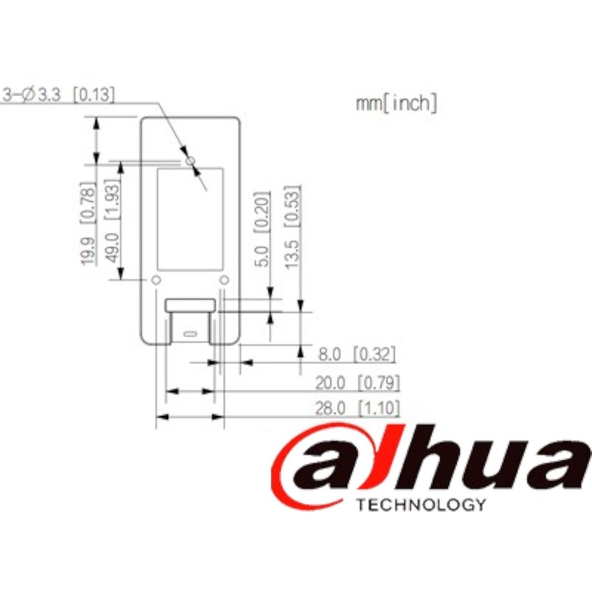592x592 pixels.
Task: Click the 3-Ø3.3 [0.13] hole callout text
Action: (58, 94)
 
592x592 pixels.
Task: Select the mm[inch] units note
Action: (396, 104)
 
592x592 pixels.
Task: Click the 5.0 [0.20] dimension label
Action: (263, 229)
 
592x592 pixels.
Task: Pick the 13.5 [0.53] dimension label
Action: (293, 226)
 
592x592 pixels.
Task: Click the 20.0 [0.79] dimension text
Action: (357, 382)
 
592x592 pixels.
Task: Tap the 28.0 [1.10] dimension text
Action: (357, 408)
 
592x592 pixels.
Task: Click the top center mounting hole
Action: (190, 160)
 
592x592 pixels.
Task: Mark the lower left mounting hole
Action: (156, 280)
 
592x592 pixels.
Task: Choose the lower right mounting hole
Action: (224, 280)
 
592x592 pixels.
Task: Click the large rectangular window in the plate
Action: (190, 220)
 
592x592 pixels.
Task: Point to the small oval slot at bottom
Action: (190, 333)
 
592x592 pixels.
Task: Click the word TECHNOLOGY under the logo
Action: (420, 505)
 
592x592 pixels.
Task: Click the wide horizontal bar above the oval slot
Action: (190, 305)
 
